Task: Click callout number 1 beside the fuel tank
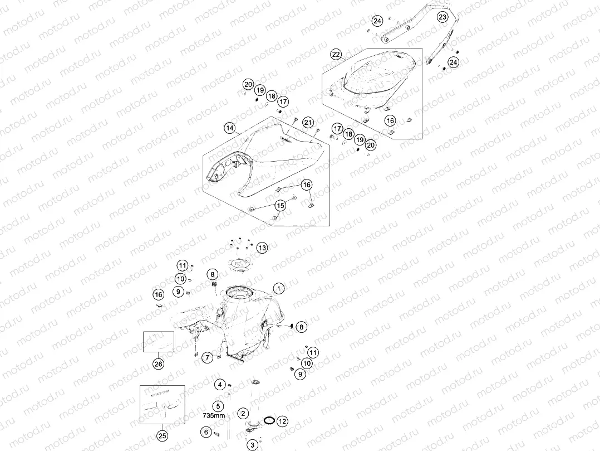coord(279,289)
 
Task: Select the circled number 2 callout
coord(243,414)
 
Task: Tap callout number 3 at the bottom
coord(253,445)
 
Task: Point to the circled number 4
coord(220,384)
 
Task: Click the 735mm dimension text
coord(214,415)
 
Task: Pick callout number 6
coord(206,432)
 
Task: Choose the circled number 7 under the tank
coord(208,358)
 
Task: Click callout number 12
coord(282,421)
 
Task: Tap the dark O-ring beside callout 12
coord(269,420)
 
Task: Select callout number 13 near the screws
coord(262,248)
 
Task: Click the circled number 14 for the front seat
coord(229,128)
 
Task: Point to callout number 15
coord(281,206)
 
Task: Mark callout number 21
coord(308,123)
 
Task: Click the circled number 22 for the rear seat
coord(336,55)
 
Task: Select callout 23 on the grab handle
coord(442,17)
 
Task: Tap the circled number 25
coord(163,436)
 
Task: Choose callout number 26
coord(159,364)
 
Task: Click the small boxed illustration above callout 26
coord(159,342)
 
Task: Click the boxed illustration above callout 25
coord(163,405)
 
